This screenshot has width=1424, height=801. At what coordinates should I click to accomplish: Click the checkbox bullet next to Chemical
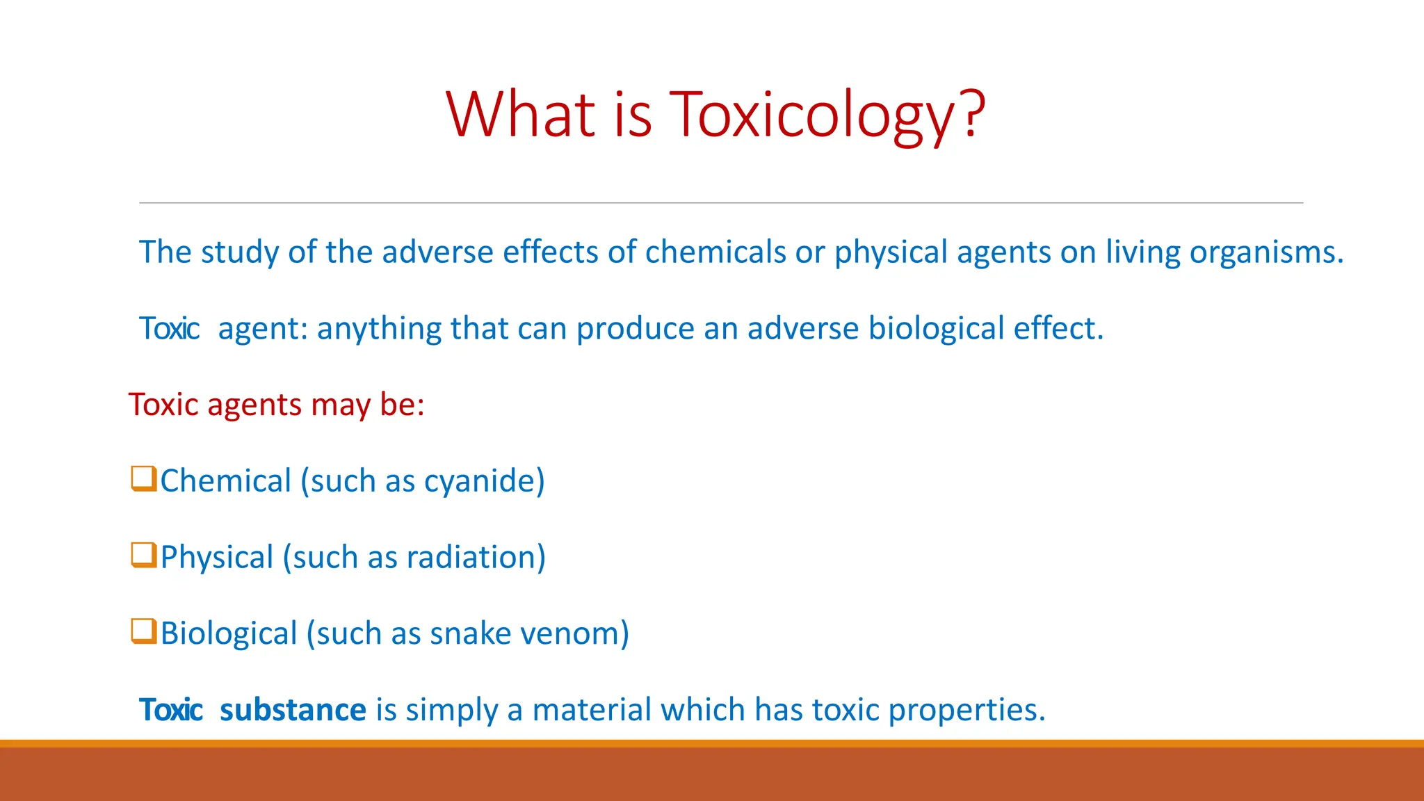(x=143, y=478)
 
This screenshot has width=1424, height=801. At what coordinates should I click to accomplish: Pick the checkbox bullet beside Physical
(x=143, y=555)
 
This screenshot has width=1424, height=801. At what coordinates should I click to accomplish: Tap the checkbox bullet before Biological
(x=143, y=631)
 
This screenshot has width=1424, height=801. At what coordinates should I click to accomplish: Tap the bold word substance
(x=293, y=710)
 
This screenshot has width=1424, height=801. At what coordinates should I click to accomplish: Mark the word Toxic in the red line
(x=163, y=405)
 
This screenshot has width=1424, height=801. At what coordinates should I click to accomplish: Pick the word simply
(x=451, y=711)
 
